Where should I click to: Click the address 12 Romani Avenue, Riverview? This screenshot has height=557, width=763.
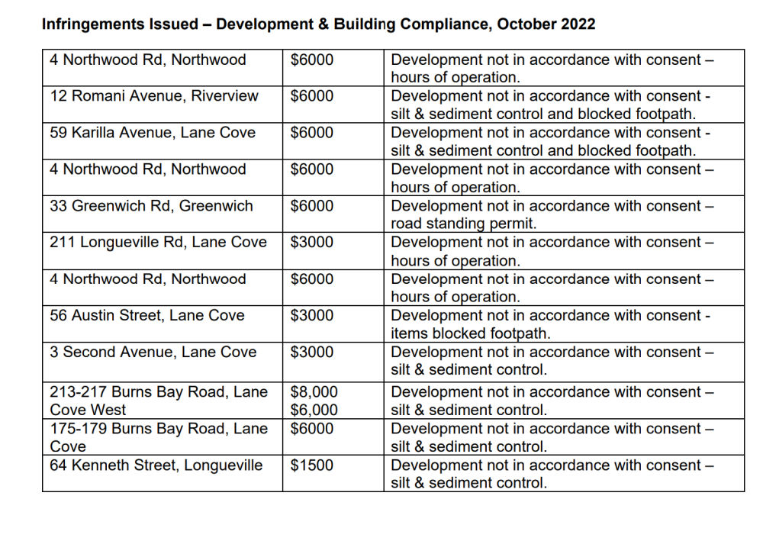[154, 96]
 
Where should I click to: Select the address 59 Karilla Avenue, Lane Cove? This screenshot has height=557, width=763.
[153, 133]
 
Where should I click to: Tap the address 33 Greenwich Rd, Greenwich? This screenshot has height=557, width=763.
[151, 206]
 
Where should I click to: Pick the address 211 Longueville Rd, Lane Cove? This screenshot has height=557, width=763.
[158, 243]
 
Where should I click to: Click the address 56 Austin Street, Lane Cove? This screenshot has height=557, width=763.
[147, 316]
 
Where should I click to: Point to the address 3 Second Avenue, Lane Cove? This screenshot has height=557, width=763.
[153, 353]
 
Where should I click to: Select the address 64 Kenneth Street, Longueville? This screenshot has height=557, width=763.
[156, 465]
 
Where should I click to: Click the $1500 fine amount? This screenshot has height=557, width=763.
[311, 465]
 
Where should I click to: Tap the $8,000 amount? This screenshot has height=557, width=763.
[314, 392]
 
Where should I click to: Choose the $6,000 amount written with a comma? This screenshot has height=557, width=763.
[314, 411]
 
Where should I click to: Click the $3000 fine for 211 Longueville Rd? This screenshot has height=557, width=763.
[311, 243]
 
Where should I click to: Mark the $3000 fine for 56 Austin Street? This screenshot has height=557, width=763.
[311, 316]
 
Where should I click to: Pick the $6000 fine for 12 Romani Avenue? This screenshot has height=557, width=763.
[311, 96]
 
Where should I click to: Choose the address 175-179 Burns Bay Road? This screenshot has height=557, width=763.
[159, 429]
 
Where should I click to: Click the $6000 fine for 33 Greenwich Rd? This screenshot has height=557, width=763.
[311, 206]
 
